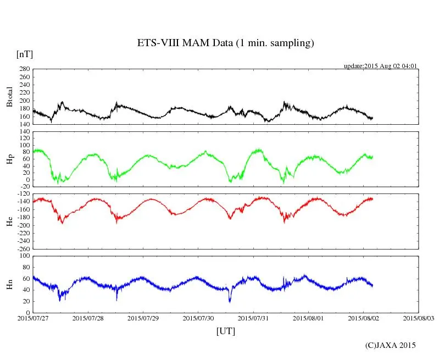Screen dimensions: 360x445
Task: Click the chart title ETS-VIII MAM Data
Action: click(225, 43)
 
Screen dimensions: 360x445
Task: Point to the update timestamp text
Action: click(381, 66)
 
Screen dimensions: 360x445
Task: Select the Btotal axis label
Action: click(9, 97)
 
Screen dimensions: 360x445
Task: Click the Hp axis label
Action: click(9, 159)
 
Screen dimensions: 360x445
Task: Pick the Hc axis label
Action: click(9, 221)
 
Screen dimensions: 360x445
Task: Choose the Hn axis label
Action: click(9, 284)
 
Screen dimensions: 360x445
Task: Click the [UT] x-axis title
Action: click(225, 331)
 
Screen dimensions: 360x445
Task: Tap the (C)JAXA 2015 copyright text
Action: click(391, 345)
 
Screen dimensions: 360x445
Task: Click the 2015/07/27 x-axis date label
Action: click(33, 318)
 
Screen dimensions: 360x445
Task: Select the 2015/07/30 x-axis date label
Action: click(198, 318)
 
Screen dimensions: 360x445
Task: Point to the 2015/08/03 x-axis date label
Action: click(419, 318)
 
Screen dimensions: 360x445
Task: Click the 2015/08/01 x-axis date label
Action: click(308, 318)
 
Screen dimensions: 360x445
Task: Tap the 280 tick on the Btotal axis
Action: click(24, 69)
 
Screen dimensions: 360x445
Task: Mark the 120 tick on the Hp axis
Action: click(24, 132)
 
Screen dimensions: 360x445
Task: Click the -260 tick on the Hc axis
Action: click(23, 248)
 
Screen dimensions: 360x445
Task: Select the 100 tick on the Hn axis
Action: click(24, 256)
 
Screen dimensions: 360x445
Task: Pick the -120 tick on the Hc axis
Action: click(23, 195)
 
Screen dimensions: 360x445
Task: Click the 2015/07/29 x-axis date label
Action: click(143, 318)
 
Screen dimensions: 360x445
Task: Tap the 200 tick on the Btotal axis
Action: click(24, 101)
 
